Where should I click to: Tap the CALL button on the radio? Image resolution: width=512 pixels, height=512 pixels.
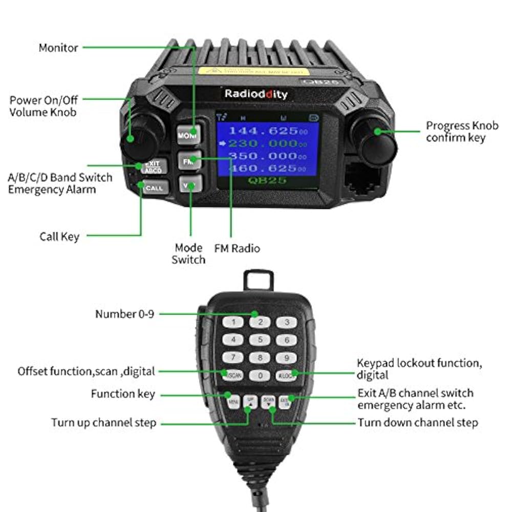pyautogui.click(x=154, y=188)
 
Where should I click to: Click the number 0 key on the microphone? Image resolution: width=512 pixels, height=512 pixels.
pyautogui.click(x=260, y=375)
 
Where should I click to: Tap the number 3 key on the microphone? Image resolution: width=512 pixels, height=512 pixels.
pyautogui.click(x=287, y=322)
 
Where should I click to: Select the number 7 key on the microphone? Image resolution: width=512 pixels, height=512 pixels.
pyautogui.click(x=233, y=357)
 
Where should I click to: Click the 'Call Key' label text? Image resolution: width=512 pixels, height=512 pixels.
pyautogui.click(x=59, y=237)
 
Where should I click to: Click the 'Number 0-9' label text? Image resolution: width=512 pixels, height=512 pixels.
pyautogui.click(x=124, y=314)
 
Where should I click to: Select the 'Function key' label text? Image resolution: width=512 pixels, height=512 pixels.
pyautogui.click(x=123, y=394)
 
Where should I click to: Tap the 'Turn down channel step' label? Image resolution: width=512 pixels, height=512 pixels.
pyautogui.click(x=418, y=423)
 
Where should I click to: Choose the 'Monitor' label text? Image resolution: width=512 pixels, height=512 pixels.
pyautogui.click(x=58, y=48)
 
